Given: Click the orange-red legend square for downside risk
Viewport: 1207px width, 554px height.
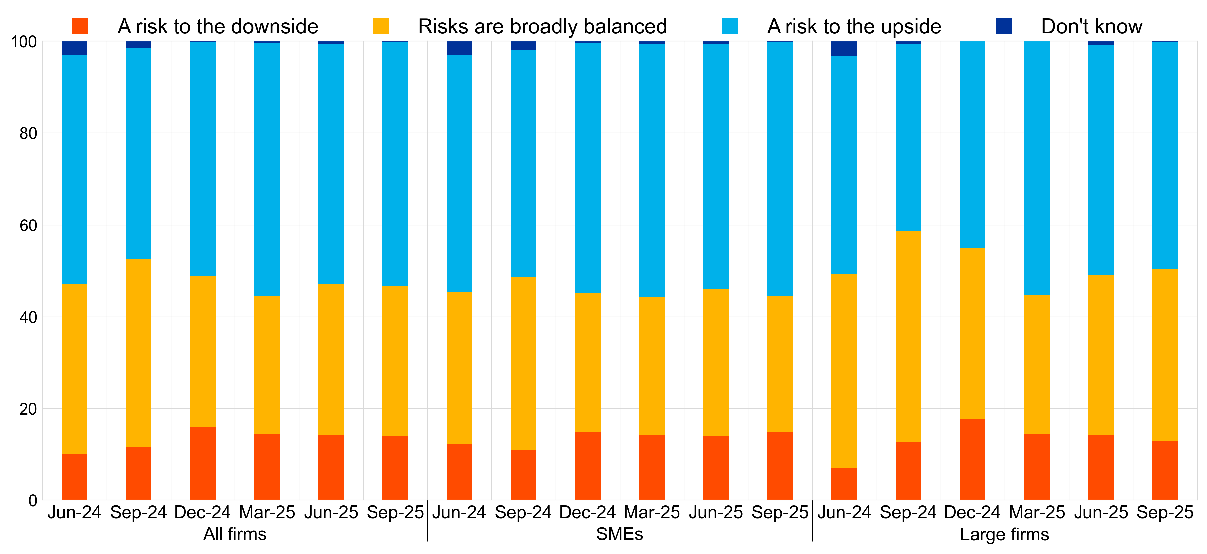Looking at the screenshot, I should pos(80,26).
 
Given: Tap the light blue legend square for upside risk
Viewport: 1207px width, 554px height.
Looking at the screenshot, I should pos(729,26).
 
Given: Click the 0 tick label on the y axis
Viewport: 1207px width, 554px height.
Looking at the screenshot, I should pos(33,501).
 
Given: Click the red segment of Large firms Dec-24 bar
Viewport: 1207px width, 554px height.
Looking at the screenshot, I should pos(972,459).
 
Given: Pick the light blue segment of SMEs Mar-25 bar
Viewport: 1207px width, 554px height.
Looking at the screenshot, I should pos(652,170).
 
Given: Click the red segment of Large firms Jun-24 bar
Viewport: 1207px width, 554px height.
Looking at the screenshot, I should pos(844,484).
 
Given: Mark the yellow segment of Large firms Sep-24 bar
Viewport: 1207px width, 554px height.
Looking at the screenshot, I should pos(908,336).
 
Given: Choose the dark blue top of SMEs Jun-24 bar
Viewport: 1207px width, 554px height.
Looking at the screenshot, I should pos(459,48).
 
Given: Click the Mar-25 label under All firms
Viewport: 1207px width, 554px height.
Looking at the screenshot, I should pos(267,513).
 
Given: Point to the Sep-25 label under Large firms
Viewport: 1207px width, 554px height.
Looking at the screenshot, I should pos(1165,513).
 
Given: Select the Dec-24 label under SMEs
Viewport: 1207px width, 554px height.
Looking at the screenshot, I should pos(587,513).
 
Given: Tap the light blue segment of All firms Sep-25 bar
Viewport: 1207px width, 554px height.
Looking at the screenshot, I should pos(395,164).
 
